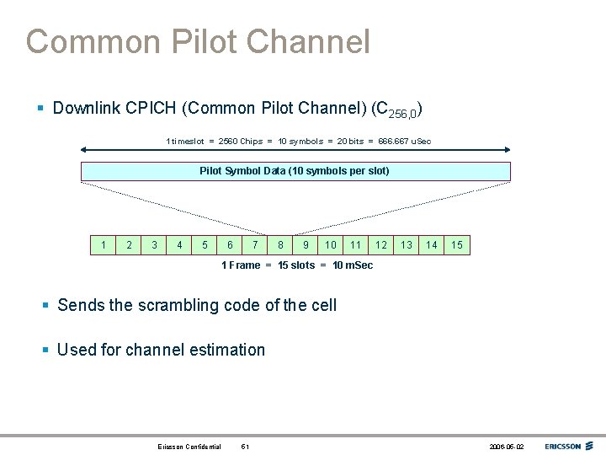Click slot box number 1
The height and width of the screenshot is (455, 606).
pyautogui.click(x=104, y=245)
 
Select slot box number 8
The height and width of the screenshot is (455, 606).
pyautogui.click(x=280, y=245)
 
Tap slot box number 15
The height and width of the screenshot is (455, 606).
pyautogui.click(x=457, y=245)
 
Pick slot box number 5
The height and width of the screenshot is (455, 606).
pyautogui.click(x=205, y=245)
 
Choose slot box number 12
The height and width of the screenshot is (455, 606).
pyautogui.click(x=381, y=245)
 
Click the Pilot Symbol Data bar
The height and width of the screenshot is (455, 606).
pyautogui.click(x=295, y=171)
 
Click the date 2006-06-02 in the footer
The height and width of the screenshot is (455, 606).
pyautogui.click(x=506, y=447)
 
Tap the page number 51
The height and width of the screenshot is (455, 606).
pyautogui.click(x=244, y=447)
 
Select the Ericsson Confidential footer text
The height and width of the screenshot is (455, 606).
pyautogui.click(x=189, y=447)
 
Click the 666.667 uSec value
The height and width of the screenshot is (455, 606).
pyautogui.click(x=404, y=141)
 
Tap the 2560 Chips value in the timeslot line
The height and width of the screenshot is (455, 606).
pyautogui.click(x=240, y=141)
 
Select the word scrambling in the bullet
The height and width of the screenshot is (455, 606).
pyautogui.click(x=187, y=305)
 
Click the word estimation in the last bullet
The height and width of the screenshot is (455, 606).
pyautogui.click(x=226, y=350)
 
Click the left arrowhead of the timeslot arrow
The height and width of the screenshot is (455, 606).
pyautogui.click(x=84, y=150)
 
